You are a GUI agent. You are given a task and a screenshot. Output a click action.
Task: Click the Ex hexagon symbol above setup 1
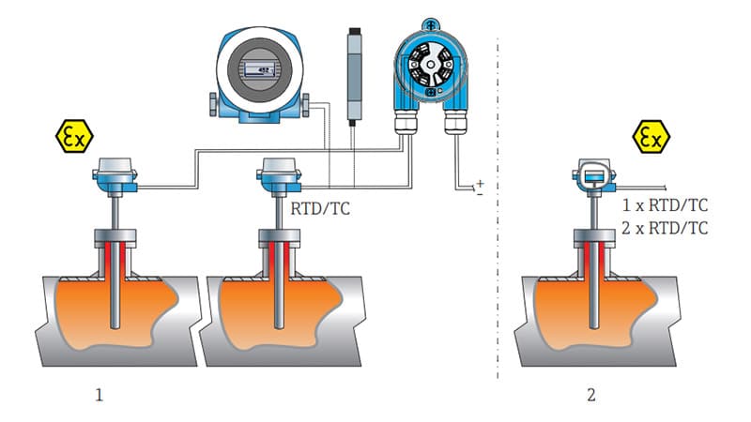pos(74,136)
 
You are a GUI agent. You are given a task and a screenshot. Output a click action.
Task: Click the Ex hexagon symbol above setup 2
pos(651,137)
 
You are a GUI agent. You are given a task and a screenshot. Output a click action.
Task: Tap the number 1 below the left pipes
pos(100,395)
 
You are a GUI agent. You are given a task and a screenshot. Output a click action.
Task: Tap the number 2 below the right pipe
pos(591,395)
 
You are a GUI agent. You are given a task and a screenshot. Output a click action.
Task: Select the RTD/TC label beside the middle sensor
pos(320,208)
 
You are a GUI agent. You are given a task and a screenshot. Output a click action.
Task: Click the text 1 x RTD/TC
pos(665,205)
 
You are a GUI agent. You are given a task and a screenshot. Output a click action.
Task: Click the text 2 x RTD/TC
pos(665,228)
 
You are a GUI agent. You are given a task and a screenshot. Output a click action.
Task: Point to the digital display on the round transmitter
pos(259,69)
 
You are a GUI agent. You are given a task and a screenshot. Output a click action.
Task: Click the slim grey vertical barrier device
pos(354,76)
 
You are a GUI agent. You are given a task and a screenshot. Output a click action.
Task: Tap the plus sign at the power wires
pos(481,183)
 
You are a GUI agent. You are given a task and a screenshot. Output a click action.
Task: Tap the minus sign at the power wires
pos(480,194)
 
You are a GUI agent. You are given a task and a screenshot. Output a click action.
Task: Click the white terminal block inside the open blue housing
pos(431,65)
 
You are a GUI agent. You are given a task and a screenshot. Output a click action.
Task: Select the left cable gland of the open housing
pos(406,121)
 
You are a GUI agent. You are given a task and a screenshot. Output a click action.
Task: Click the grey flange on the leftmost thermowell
pos(115,238)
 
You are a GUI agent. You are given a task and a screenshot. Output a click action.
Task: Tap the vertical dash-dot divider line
pos(498,208)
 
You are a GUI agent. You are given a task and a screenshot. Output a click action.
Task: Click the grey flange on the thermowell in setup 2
pos(594,238)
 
